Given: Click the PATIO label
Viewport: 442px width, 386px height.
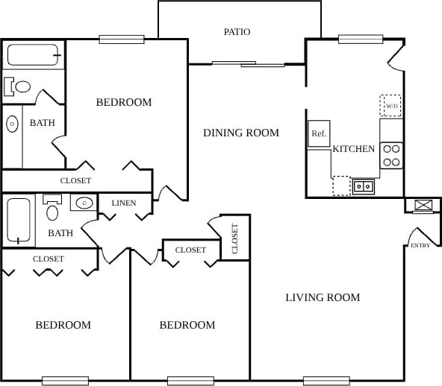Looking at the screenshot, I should [237, 32].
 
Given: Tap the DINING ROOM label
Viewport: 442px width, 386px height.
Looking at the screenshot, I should [241, 133].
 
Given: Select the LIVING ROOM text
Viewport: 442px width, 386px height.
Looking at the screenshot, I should [323, 297].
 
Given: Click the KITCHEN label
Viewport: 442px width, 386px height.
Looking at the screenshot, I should [353, 149].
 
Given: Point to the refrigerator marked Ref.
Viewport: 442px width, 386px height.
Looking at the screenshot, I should [319, 133].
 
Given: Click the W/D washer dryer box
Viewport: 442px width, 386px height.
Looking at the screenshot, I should [390, 106].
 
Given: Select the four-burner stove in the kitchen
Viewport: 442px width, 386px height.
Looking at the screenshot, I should [392, 155].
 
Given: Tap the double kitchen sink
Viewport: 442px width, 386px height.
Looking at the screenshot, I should [364, 186].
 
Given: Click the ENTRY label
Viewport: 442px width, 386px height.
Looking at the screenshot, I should [420, 245].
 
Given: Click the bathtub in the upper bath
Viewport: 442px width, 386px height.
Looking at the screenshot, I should [33, 55].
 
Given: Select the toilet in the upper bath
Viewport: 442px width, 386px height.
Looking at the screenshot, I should [18, 86].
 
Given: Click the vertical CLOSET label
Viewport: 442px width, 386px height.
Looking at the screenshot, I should [234, 238].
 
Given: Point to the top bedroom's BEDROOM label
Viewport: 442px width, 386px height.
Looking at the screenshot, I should [124, 102].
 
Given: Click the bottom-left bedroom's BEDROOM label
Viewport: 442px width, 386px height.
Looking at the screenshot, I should [63, 325].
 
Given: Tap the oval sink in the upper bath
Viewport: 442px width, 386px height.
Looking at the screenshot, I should [13, 124].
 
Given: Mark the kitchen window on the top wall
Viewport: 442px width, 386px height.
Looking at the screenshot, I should [355, 39].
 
